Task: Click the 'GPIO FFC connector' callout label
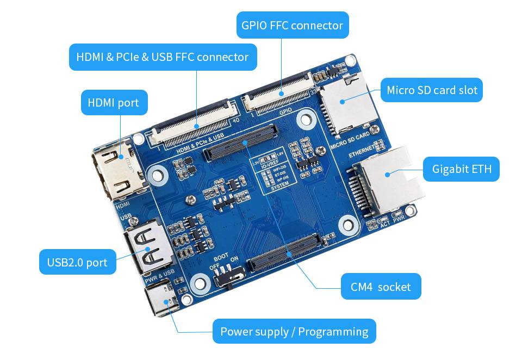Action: tap(292, 25)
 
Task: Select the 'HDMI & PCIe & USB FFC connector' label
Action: tap(163, 57)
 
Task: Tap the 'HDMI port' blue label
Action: tap(114, 102)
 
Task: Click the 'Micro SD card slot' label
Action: tap(432, 90)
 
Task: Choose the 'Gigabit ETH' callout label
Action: tap(461, 169)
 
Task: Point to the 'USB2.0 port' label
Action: tap(77, 262)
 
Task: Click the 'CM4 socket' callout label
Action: tap(381, 286)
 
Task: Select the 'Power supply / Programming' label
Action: tap(294, 331)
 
